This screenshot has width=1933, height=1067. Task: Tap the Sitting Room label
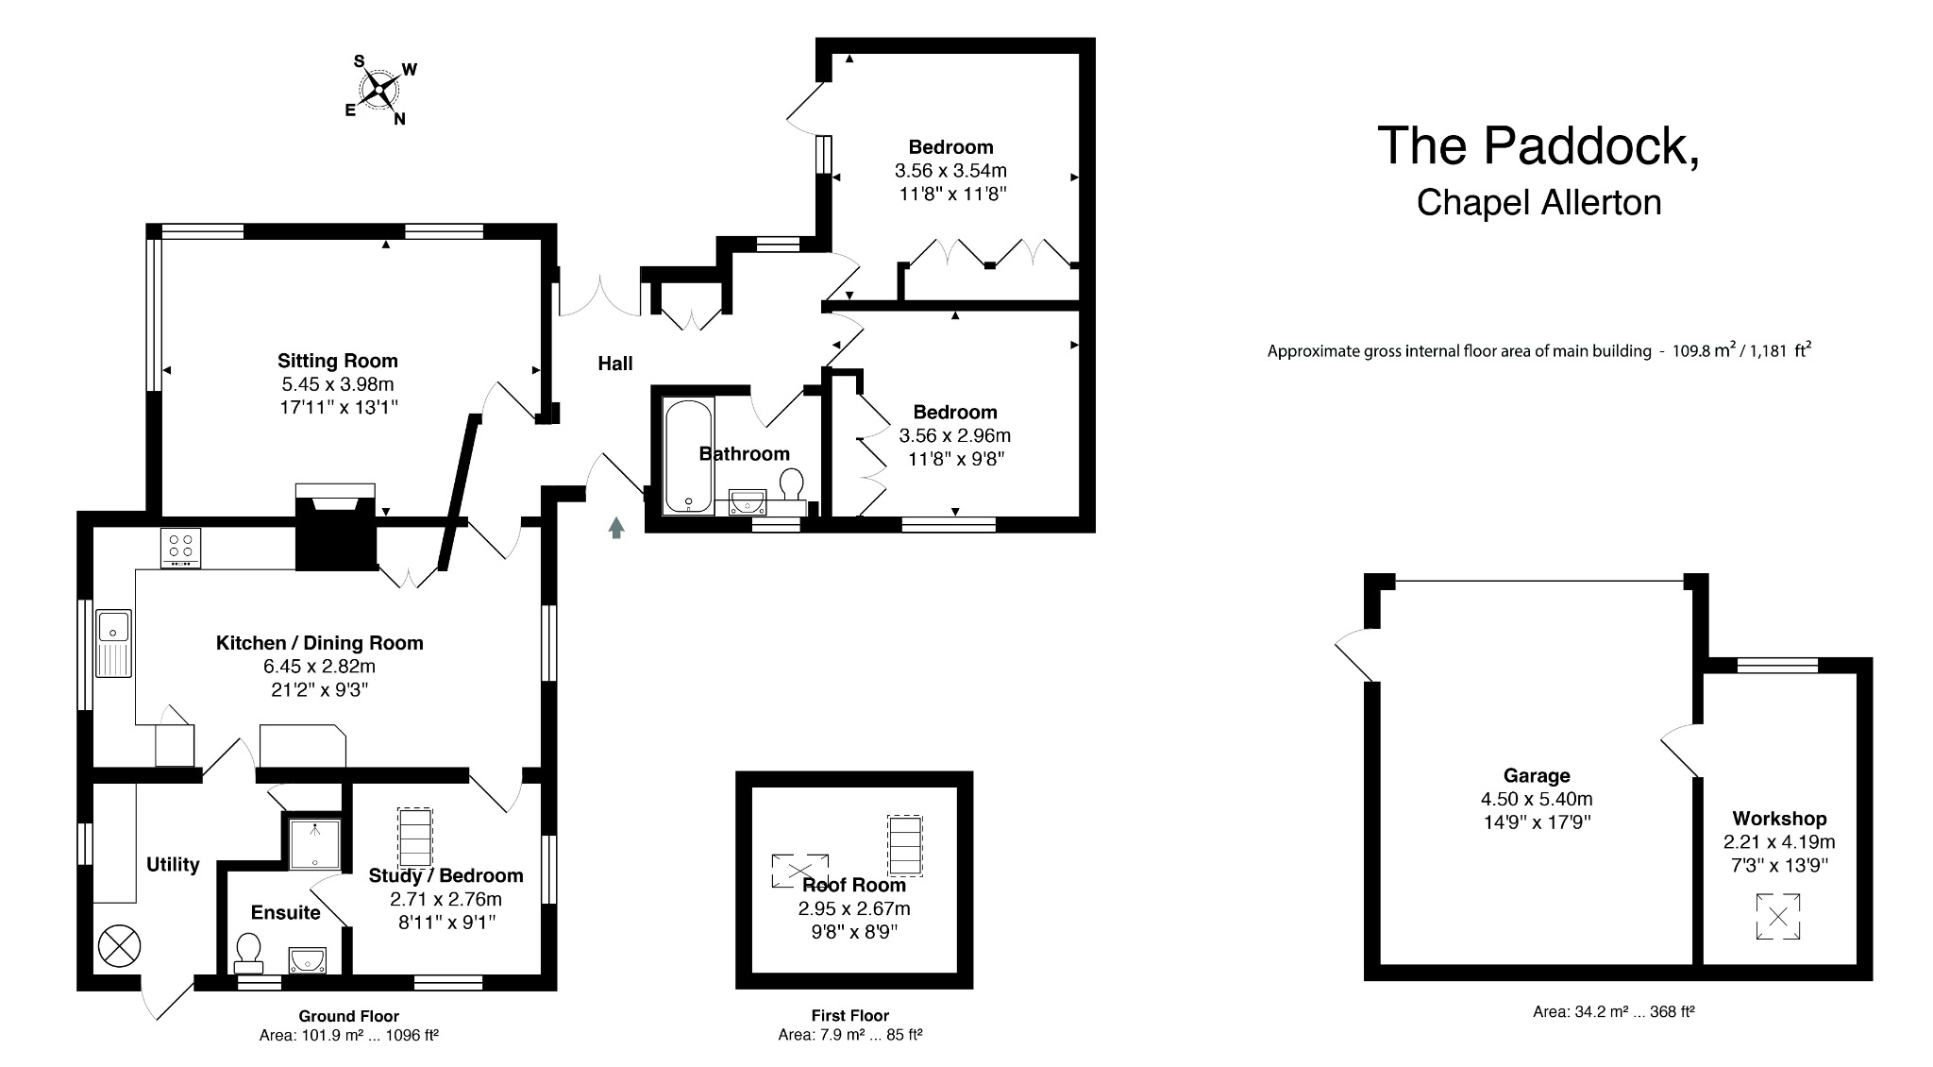click(x=337, y=361)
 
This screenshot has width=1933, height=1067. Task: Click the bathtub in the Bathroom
click(x=688, y=456)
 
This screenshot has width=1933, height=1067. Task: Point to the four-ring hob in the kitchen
click(x=181, y=547)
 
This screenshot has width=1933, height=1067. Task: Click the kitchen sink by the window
click(x=114, y=642)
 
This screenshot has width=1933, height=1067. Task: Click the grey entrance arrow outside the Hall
click(x=616, y=528)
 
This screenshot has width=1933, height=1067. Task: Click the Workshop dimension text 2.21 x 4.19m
click(x=1779, y=842)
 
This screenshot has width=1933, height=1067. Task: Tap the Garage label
click(x=1537, y=776)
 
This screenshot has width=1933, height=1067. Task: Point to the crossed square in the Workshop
click(x=1778, y=917)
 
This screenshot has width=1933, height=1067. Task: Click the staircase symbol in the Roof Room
click(x=904, y=845)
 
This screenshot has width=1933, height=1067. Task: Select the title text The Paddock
click(x=1538, y=146)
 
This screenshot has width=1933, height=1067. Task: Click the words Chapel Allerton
click(x=1538, y=203)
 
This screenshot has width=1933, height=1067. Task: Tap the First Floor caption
click(x=849, y=1016)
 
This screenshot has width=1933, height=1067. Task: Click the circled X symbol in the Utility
click(x=119, y=945)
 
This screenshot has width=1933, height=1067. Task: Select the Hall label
click(x=614, y=364)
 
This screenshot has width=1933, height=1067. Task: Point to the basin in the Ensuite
click(x=308, y=960)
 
